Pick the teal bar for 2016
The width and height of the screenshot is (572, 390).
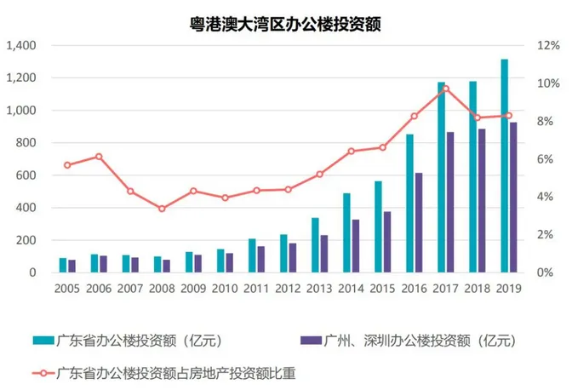tap(409, 204)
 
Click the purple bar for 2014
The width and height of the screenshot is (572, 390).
tap(356, 246)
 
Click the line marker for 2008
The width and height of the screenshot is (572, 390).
tap(162, 209)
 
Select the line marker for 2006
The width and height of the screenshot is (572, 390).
tap(99, 157)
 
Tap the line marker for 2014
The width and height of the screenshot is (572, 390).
tap(351, 151)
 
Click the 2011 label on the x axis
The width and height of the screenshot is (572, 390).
tap(256, 289)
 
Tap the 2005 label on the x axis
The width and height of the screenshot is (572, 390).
tap(67, 289)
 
